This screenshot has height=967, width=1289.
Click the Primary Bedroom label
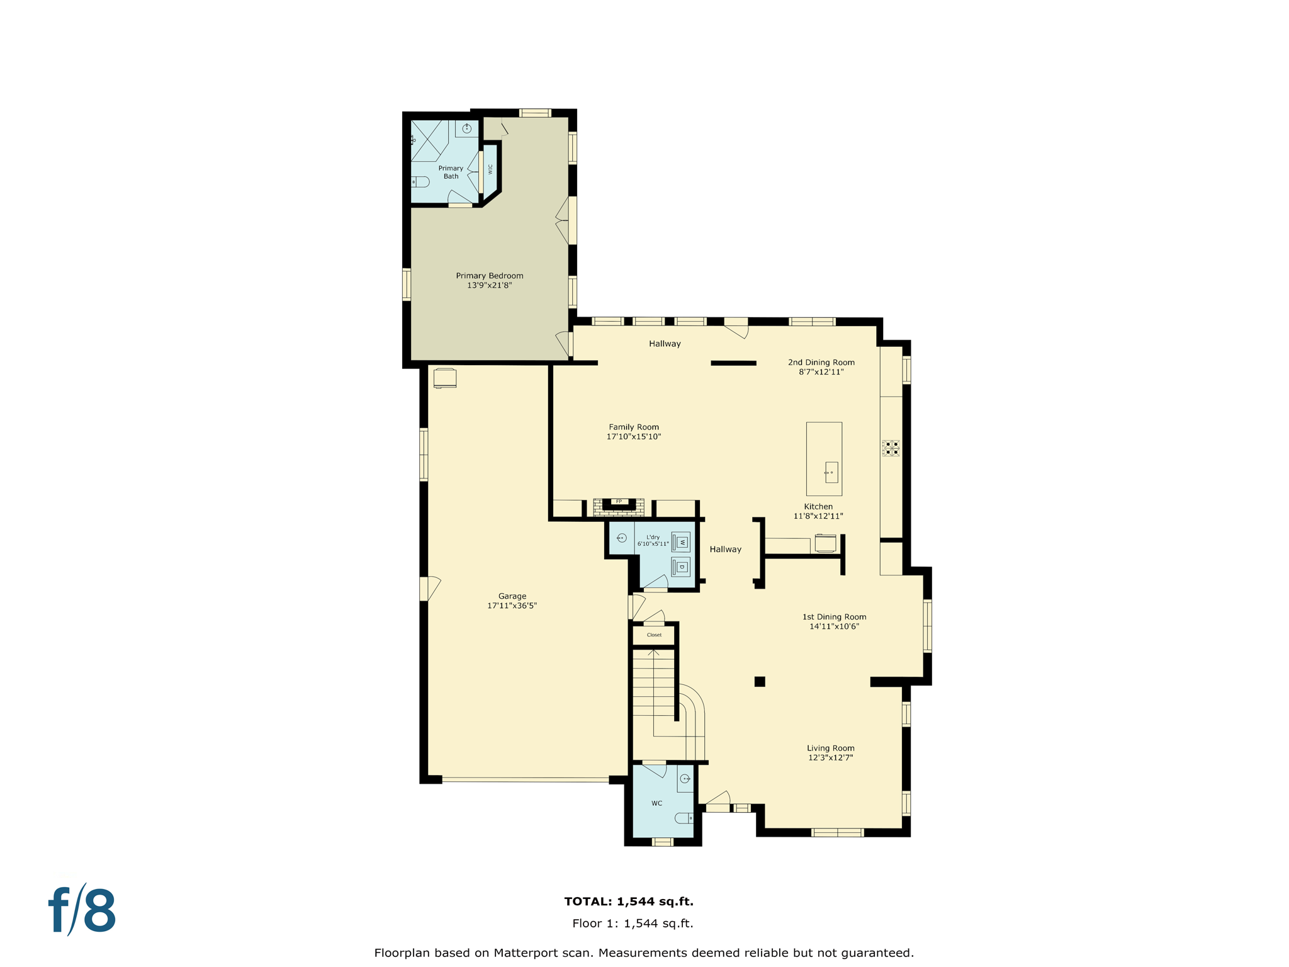tap(489, 276)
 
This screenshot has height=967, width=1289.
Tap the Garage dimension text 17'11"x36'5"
tap(512, 606)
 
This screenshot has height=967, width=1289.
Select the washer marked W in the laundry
tap(681, 542)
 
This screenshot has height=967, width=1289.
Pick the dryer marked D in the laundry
tap(681, 567)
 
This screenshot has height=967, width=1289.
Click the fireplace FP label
tap(619, 502)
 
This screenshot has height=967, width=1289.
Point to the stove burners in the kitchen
tap(891, 448)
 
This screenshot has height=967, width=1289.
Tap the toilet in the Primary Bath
tap(420, 182)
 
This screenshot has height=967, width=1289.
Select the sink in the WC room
tap(685, 779)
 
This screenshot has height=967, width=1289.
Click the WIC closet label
tap(490, 169)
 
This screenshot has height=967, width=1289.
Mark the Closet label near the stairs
tap(654, 635)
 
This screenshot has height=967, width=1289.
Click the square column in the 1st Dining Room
tap(760, 681)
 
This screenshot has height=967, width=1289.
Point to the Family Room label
tap(633, 427)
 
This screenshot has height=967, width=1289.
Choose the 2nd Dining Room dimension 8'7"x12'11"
tap(821, 372)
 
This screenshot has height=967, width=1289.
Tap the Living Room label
tap(830, 748)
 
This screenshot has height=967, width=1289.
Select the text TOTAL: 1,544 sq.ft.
tap(628, 902)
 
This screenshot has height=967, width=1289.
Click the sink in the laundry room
tap(621, 538)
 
